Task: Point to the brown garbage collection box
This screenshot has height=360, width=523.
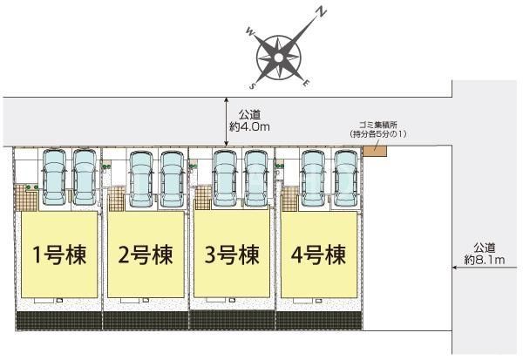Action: click(x=374, y=149)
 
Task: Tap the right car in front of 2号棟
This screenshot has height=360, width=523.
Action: click(x=171, y=177)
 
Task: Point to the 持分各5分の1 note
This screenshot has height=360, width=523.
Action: click(x=380, y=133)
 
